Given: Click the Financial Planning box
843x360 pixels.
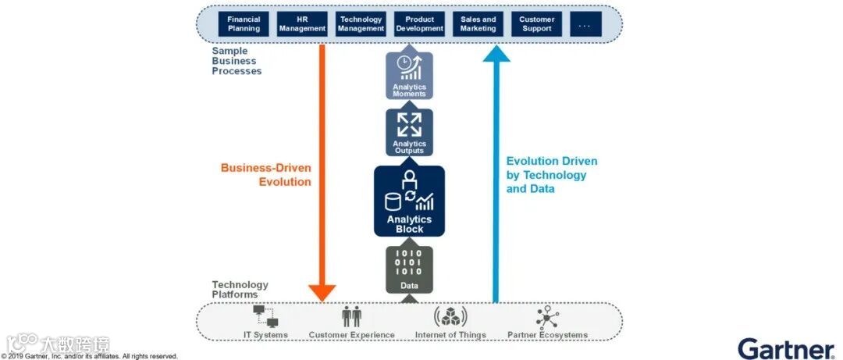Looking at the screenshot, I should click(244, 24).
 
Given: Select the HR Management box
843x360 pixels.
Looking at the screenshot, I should click(301, 24).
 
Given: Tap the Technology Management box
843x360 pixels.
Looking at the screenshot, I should click(361, 24).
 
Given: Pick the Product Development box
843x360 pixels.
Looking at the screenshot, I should click(419, 24).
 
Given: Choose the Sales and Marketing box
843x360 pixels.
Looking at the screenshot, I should click(478, 24).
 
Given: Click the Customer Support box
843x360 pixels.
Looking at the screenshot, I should click(536, 24).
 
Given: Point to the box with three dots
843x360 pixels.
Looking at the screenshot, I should click(585, 24).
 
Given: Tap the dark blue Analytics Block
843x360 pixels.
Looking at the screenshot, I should click(409, 201).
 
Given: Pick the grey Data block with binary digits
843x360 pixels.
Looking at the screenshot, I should click(409, 269).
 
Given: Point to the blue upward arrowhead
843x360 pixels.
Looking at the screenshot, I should click(495, 53).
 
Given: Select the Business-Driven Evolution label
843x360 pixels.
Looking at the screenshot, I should click(266, 174).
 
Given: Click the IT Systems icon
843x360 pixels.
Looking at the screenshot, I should click(265, 316).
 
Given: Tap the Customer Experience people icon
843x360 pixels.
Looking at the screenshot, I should click(352, 316).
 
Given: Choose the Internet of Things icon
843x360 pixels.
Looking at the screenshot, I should click(450, 316).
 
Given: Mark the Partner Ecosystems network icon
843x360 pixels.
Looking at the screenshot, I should click(546, 316).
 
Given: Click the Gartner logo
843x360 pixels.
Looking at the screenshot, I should click(786, 348).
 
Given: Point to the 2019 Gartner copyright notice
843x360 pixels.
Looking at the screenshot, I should click(89, 356).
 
